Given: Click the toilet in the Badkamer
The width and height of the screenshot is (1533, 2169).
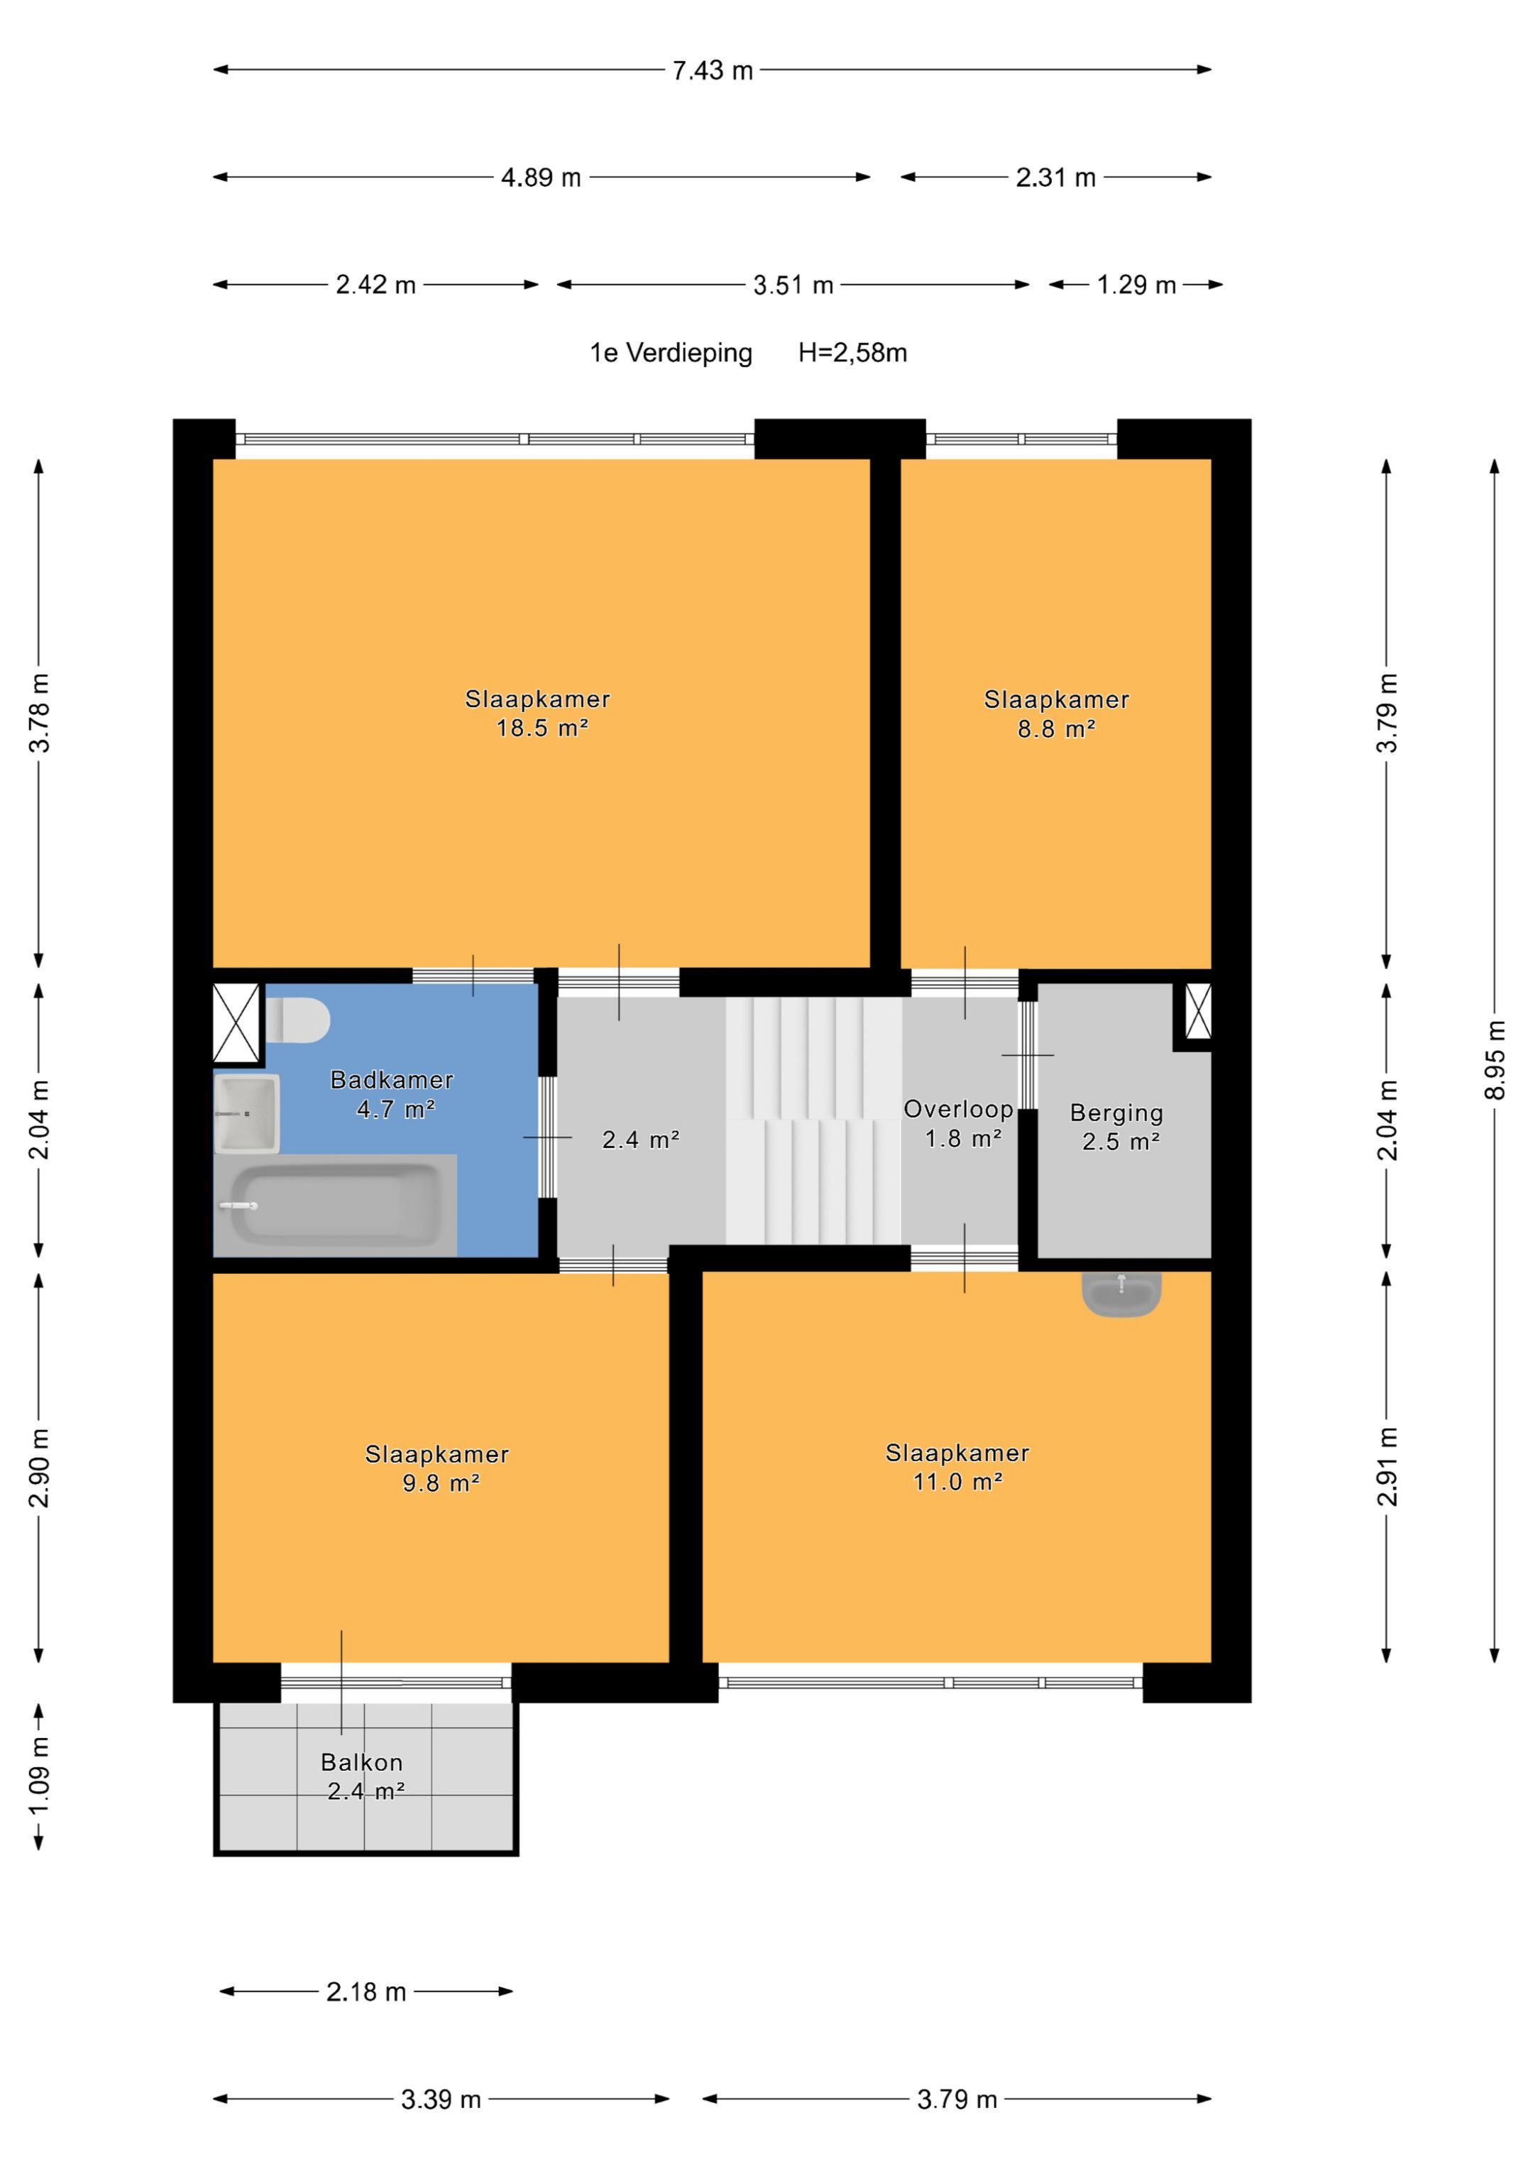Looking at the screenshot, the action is [x=297, y=1021].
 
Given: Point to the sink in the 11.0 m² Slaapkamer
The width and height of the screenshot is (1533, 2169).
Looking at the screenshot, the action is [x=1121, y=1294].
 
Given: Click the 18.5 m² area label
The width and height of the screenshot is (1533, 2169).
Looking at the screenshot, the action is [x=542, y=728].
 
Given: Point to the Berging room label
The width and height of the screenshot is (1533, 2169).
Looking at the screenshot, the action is [x=1116, y=1112].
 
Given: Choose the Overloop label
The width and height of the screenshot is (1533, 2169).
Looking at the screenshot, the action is [x=958, y=1109].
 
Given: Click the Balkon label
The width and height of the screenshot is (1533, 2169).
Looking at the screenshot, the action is [x=362, y=1762].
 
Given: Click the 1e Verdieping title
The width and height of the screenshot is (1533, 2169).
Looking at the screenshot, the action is [x=671, y=354].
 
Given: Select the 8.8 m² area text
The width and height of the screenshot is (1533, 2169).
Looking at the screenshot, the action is [x=1056, y=728].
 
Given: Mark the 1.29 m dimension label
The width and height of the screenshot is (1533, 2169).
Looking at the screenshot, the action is [x=1136, y=285].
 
